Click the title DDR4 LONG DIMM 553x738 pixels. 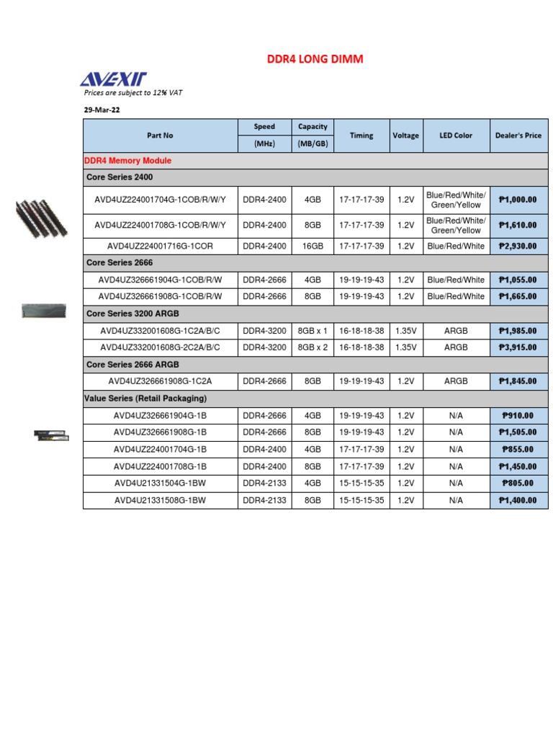(315, 59)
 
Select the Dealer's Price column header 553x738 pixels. (518, 135)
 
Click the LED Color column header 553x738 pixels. (456, 135)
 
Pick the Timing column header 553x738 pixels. (361, 135)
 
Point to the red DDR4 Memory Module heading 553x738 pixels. (128, 161)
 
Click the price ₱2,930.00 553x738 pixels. (518, 246)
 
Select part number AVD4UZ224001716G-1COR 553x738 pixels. (160, 246)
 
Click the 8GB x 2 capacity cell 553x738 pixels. (313, 347)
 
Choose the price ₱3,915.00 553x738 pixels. (518, 347)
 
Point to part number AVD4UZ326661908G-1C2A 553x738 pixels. (160, 381)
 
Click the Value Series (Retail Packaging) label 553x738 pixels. (145, 398)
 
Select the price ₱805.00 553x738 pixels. (518, 483)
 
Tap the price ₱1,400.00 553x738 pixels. (518, 500)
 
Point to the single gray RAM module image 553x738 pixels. (43, 311)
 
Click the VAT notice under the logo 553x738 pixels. (138, 93)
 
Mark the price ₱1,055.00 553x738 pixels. (518, 280)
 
